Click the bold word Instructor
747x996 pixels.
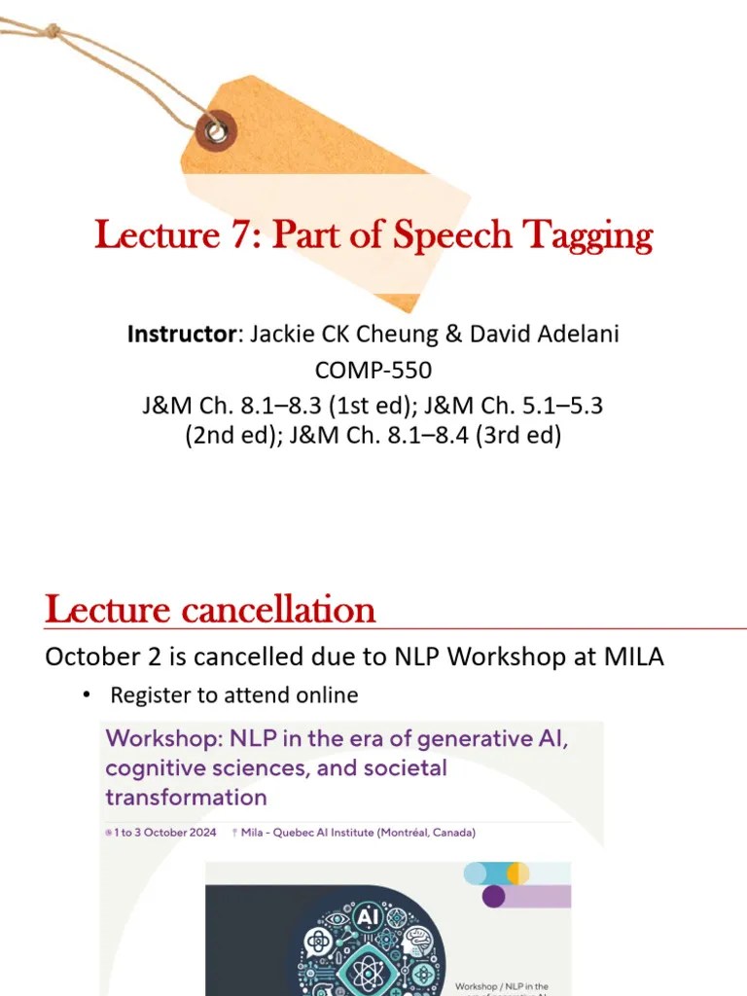182,335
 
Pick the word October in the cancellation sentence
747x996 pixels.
88,658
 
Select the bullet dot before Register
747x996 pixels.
86,695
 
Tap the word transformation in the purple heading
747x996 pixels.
186,799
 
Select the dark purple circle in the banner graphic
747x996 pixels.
494,896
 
